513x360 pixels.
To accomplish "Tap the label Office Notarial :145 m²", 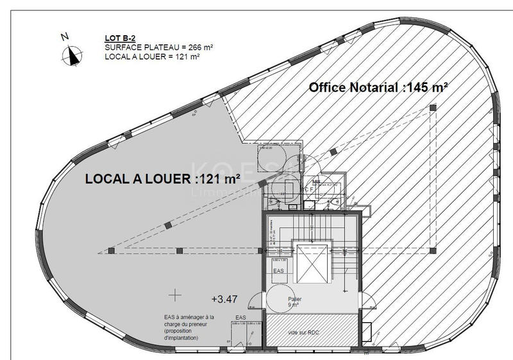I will click(378, 88).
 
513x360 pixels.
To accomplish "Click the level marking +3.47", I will click(224, 299).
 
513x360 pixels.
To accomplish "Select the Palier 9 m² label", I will click(295, 302).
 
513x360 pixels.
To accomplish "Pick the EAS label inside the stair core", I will click(278, 272).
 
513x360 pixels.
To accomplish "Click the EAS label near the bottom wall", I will click(240, 318).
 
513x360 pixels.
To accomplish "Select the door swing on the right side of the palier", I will click(367, 301).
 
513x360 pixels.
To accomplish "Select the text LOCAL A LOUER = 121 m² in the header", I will click(153, 56).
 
